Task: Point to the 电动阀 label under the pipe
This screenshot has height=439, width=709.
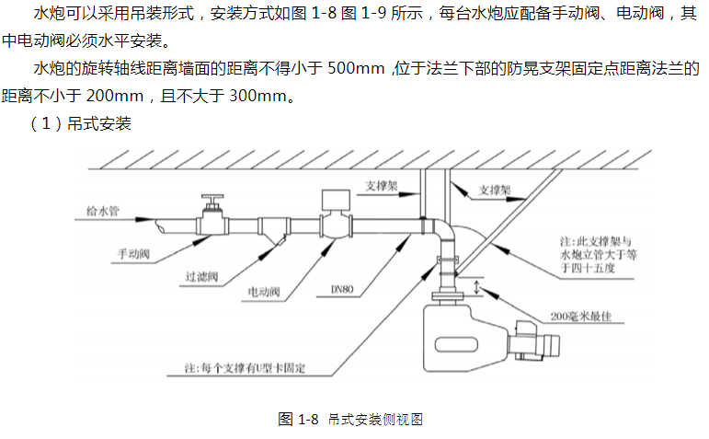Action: click(x=265, y=292)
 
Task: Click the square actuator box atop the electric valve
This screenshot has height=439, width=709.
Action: click(x=331, y=200)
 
